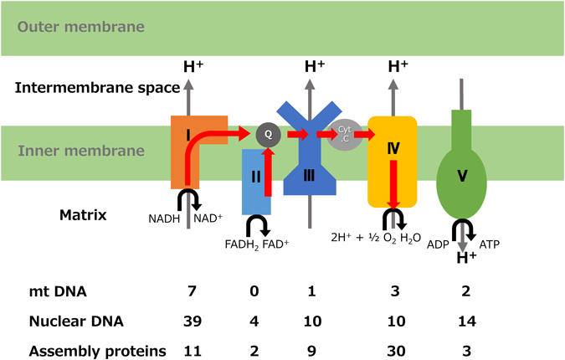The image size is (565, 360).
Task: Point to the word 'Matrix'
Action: pyautogui.click(x=83, y=215)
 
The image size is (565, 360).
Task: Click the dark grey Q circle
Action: pyautogui.click(x=268, y=133)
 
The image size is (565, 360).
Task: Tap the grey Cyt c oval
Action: pyautogui.click(x=345, y=133)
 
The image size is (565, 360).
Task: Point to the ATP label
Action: pyautogui.click(x=491, y=244)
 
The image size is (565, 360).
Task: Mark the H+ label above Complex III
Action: pyautogui.click(x=315, y=65)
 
